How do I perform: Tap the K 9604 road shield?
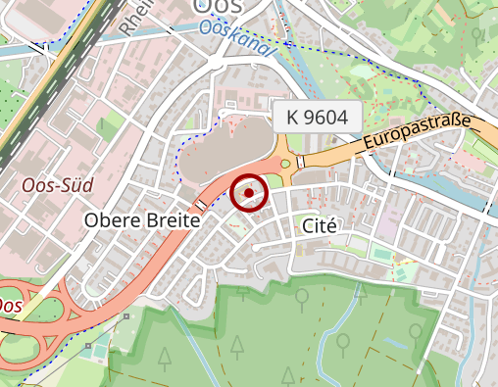click(317, 117)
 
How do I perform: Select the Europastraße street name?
click(418, 134)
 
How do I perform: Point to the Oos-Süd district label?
click(51, 183)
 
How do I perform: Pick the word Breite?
click(173, 221)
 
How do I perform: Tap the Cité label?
click(320, 224)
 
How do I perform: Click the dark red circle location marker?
click(250, 193)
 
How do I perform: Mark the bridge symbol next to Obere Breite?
click(201, 205)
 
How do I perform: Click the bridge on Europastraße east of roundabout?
click(301, 161)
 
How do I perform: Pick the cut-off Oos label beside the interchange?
click(10, 306)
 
